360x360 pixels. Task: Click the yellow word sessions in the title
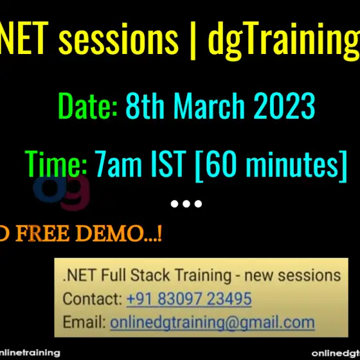[x=118, y=39]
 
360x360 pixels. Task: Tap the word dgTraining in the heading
[x=283, y=41]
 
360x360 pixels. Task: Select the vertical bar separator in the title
[x=193, y=40]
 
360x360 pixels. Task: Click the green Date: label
[x=88, y=105]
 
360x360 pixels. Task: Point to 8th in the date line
[x=145, y=105]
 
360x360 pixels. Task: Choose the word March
[x=209, y=105]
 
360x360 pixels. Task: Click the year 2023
[x=284, y=105]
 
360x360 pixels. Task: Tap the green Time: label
[x=56, y=163]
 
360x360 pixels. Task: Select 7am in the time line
[x=118, y=163]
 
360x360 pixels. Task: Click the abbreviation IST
[x=168, y=163]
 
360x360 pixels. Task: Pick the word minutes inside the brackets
[x=292, y=164]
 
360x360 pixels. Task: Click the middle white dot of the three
[x=186, y=204]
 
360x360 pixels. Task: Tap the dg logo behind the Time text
[x=62, y=192]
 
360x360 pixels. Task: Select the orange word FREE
[x=42, y=233]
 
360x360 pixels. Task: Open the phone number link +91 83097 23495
[x=189, y=299]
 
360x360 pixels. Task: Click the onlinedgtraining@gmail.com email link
[x=212, y=323]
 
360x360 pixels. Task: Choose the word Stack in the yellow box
[x=150, y=275]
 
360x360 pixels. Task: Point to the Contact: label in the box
[x=93, y=299]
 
